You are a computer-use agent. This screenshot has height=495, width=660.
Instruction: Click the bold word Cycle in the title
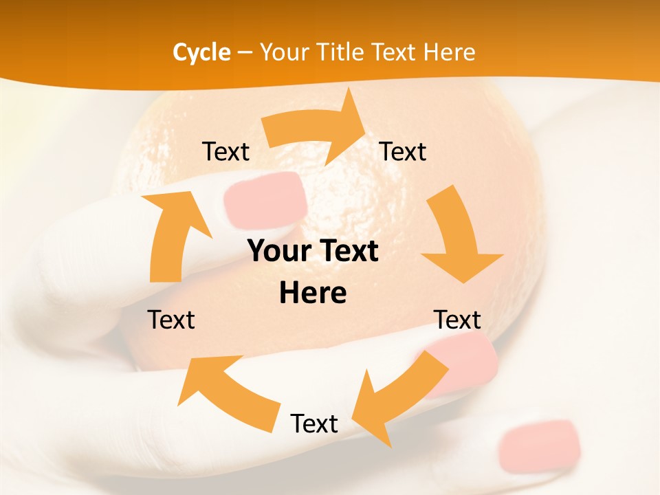pos(201,52)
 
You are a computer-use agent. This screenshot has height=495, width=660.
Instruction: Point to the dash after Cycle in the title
pos(245,52)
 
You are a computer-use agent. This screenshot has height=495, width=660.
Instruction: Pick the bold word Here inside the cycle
pos(313,293)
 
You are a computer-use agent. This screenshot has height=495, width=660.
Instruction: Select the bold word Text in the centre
pos(348,251)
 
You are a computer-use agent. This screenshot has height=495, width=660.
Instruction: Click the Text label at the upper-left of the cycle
pos(225,151)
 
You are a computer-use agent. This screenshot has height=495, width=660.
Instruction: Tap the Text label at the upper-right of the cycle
pos(403,151)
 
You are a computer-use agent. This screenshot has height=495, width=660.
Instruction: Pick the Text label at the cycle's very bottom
pos(314,423)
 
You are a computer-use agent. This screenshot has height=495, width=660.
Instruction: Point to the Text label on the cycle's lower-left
pos(171,320)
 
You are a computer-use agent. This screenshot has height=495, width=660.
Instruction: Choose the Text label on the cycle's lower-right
pos(457,320)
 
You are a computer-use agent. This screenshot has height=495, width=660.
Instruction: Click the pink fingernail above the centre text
pos(266,199)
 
